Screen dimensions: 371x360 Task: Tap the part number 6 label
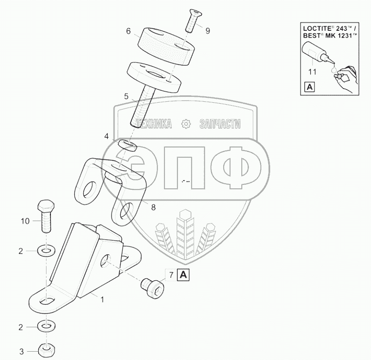pyautogui.click(x=128, y=31)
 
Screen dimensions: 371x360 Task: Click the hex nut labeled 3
pyautogui.click(x=46, y=351)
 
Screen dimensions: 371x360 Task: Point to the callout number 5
pyautogui.click(x=126, y=96)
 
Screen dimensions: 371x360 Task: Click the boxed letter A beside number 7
pyautogui.click(x=183, y=275)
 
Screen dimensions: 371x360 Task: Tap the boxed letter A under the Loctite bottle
pyautogui.click(x=309, y=87)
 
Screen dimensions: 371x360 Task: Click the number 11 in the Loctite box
pyautogui.click(x=312, y=71)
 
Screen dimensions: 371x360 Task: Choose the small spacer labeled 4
pyautogui.click(x=127, y=145)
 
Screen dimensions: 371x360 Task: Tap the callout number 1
pyautogui.click(x=102, y=299)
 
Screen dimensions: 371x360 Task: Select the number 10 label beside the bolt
pyautogui.click(x=25, y=221)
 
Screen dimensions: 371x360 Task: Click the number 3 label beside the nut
pyautogui.click(x=21, y=351)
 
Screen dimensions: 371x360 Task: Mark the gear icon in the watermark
pyautogui.click(x=186, y=124)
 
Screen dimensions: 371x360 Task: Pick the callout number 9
pyautogui.click(x=208, y=31)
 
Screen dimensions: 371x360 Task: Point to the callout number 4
pyautogui.click(x=106, y=136)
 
